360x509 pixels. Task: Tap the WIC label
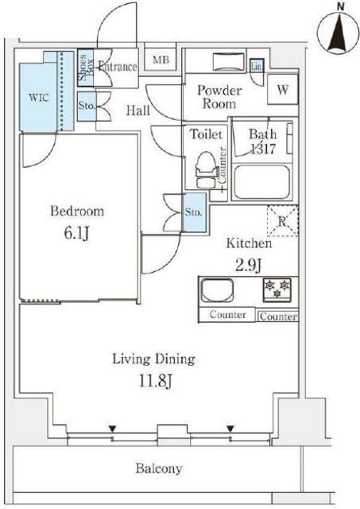[40, 98]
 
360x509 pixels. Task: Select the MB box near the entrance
[161, 60]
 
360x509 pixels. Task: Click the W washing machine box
[282, 90]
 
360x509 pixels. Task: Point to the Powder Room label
[220, 98]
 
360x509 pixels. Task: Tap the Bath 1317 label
[261, 141]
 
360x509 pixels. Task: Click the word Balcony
[159, 468]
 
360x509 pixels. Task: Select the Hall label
[139, 111]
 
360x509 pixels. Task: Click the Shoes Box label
[85, 64]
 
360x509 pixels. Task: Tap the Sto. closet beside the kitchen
[193, 212]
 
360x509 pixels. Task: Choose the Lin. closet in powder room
[257, 67]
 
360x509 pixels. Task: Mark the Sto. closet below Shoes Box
[86, 104]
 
